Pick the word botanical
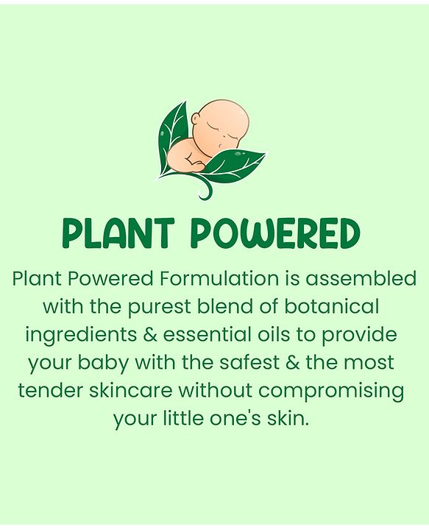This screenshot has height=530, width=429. pyautogui.click(x=331, y=306)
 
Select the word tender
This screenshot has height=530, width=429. pyautogui.click(x=50, y=390)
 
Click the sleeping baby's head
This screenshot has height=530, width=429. pyautogui.click(x=223, y=121)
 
